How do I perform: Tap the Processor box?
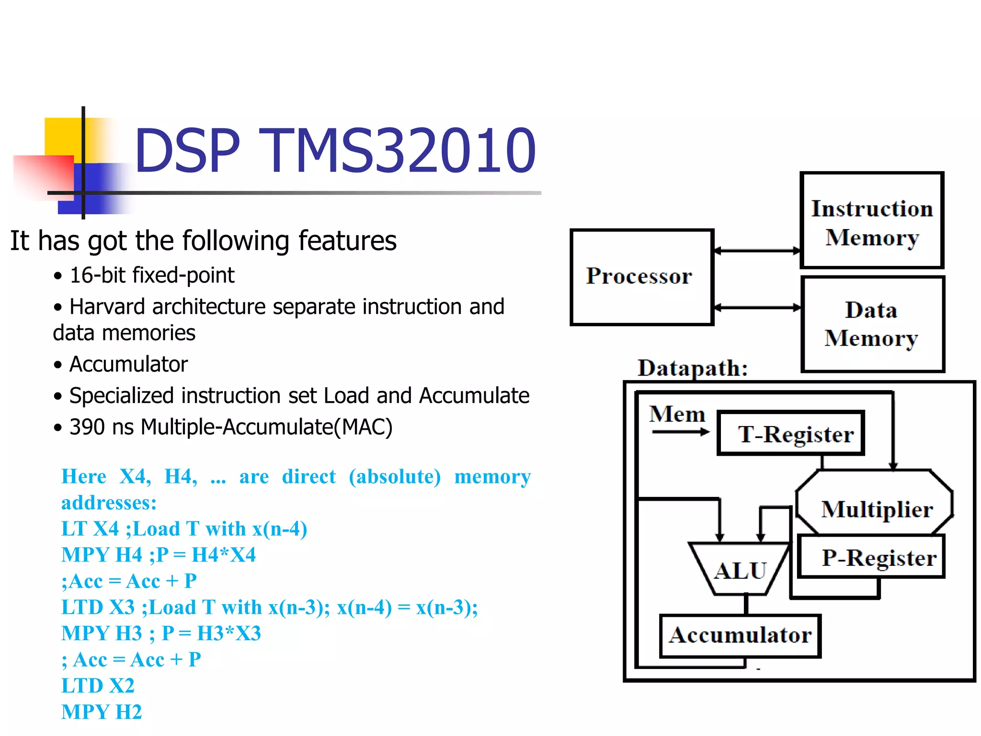click(x=641, y=277)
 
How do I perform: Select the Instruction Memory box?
click(x=871, y=220)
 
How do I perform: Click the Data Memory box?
click(x=872, y=324)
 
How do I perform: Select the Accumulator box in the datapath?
click(x=740, y=635)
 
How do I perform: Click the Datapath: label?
click(x=692, y=368)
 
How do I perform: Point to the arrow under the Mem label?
click(x=680, y=432)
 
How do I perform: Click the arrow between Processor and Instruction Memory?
click(x=757, y=251)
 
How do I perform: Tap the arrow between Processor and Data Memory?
click(x=757, y=308)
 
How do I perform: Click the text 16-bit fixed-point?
click(x=152, y=276)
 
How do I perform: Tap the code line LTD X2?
click(x=98, y=686)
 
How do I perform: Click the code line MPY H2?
click(x=102, y=712)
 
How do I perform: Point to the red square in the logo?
click(x=43, y=175)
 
